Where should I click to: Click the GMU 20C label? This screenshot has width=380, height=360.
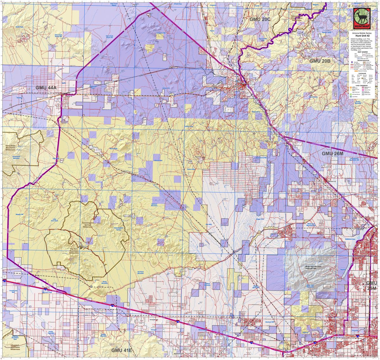click(260, 19)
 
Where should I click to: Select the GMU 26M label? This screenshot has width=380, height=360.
click(332, 153)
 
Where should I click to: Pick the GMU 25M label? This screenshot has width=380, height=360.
click(372, 286)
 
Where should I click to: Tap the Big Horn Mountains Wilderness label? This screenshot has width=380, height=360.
click(73, 251)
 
